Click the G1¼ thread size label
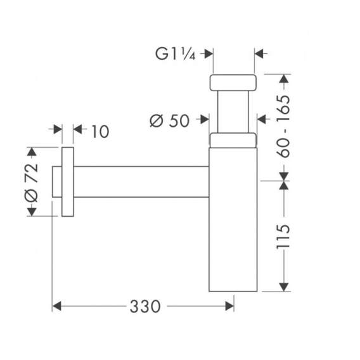click(176, 54)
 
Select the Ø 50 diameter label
click(170, 120)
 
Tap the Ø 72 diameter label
click(31, 183)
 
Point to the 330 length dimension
click(145, 306)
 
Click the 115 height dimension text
click(283, 236)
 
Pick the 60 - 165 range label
click(283, 126)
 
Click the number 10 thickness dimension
click(100, 132)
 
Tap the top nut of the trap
click(233, 82)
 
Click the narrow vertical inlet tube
click(233, 112)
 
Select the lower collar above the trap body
click(233, 140)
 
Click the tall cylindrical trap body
click(233, 219)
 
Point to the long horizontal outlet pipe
click(141, 182)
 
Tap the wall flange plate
click(68, 182)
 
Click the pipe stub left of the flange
click(57, 182)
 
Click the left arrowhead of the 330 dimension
click(57, 306)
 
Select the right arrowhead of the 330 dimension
click(229, 306)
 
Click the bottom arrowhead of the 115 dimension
click(284, 287)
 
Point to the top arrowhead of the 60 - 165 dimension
click(284, 79)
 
